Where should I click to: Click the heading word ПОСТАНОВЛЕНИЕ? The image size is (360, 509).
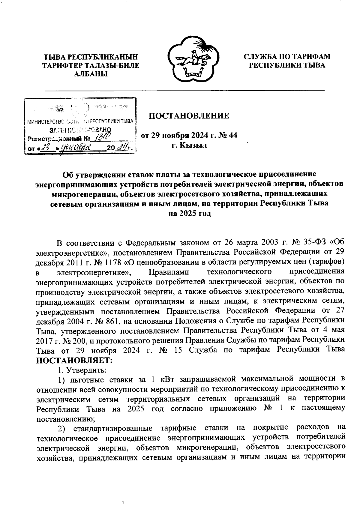point(189,116)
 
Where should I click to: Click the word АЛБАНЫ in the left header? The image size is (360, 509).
point(91,74)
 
